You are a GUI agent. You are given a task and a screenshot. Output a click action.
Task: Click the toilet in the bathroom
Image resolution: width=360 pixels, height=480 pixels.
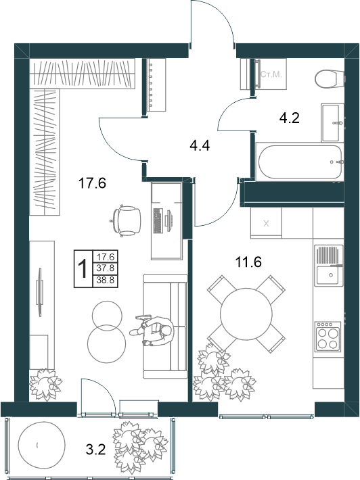pyautogui.click(x=330, y=78)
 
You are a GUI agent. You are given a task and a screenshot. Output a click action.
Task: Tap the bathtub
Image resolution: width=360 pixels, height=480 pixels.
pyautogui.click(x=300, y=162)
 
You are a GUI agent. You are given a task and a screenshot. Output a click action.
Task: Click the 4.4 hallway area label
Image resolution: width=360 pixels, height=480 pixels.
pyautogui.click(x=200, y=145)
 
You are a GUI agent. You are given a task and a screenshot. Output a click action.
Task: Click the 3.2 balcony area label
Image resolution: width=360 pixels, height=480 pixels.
pyautogui.click(x=95, y=450)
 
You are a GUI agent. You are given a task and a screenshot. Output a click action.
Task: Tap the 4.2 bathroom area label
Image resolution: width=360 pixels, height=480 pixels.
pyautogui.click(x=289, y=118)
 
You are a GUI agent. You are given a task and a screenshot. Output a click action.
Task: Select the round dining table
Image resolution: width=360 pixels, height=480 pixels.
pyautogui.click(x=246, y=313)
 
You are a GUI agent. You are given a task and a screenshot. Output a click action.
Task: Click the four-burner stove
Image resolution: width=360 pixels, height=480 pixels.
pyautogui.click(x=328, y=337)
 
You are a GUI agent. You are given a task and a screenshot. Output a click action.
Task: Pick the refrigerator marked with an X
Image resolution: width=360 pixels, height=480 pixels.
pyautogui.click(x=266, y=223)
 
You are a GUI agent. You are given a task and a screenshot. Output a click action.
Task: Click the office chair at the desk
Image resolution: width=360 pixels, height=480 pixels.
pyautogui.click(x=126, y=220)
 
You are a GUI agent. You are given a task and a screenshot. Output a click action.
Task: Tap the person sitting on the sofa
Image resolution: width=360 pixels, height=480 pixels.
pyautogui.click(x=152, y=331)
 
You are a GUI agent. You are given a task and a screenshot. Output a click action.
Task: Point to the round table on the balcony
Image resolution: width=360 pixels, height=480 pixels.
pyautogui.click(x=42, y=445)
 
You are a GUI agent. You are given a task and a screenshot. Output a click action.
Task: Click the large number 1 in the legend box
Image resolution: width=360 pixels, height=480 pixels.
pyautogui.click(x=83, y=269)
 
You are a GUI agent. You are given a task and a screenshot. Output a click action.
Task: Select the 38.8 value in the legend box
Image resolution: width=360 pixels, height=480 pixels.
pyautogui.click(x=106, y=280)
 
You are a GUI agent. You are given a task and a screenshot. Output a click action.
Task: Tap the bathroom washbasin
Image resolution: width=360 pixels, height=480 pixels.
pyautogui.click(x=332, y=122)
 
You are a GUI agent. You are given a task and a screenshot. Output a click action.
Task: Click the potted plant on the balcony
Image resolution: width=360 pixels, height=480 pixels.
pyautogui.click(x=139, y=447)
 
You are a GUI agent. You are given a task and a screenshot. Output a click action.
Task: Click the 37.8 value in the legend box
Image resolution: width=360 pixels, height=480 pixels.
pyautogui.click(x=106, y=268)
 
